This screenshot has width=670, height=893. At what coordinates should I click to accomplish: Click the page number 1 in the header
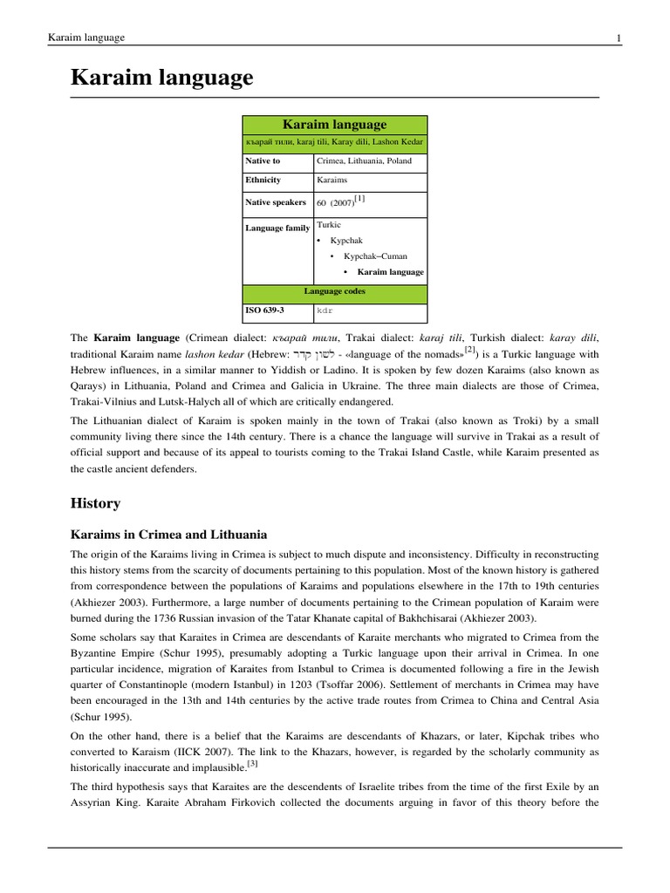[619, 37]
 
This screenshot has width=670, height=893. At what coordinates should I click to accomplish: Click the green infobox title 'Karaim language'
[335, 125]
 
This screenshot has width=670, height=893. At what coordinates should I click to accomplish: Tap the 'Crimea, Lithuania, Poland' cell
[364, 161]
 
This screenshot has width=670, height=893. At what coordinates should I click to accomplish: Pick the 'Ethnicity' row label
[263, 181]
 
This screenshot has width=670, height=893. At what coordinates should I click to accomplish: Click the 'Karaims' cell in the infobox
[332, 181]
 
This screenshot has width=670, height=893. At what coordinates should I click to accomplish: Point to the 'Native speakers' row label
[276, 202]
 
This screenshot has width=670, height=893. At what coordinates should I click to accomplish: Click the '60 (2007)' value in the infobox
[334, 203]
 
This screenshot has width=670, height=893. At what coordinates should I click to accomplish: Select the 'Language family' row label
[277, 228]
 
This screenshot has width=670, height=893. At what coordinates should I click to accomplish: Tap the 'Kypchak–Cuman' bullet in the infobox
[375, 256]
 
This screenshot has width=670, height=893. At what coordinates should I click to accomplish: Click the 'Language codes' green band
[335, 291]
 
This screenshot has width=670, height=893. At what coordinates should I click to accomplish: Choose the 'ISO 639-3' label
[265, 310]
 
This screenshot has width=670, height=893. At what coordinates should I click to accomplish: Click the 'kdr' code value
[325, 310]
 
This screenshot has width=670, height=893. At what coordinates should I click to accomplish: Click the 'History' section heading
[95, 504]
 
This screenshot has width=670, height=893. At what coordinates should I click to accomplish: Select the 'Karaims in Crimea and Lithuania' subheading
[168, 534]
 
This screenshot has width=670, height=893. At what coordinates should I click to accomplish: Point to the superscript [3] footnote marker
[252, 764]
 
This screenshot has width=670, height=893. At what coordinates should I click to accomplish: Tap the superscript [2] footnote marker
[469, 350]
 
